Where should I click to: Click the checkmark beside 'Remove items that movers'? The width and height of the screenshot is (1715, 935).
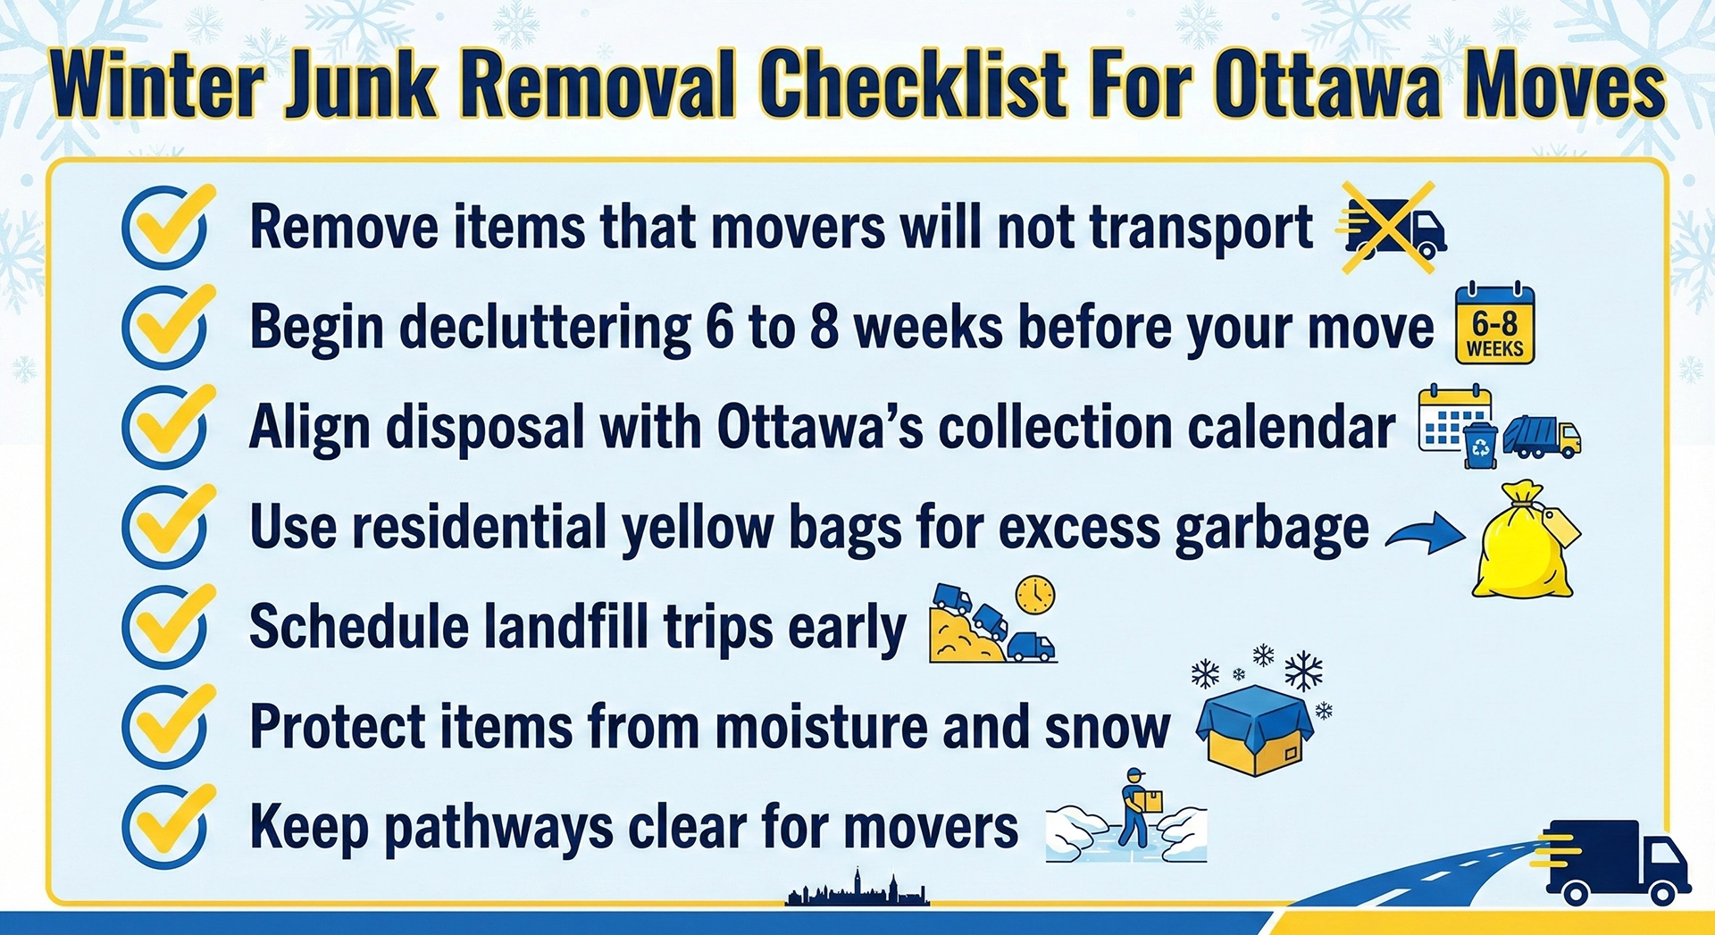click(167, 227)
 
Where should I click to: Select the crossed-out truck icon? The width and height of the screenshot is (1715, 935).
click(1392, 228)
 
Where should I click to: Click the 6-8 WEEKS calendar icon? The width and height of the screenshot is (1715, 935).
click(1494, 324)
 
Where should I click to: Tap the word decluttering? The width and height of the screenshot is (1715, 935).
click(545, 327)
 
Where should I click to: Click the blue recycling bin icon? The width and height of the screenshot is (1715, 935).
click(1480, 446)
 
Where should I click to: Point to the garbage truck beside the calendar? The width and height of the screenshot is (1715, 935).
click(1542, 437)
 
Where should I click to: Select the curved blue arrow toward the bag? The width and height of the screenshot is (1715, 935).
click(1426, 533)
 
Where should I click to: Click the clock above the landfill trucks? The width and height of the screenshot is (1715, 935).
click(1035, 594)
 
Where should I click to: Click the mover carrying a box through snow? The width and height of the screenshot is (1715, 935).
click(1136, 808)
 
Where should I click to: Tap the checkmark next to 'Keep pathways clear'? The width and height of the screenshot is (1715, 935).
click(167, 827)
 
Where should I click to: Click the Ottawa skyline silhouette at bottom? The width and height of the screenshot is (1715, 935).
click(857, 890)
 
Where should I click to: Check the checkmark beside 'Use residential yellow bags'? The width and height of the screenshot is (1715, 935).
click(167, 527)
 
